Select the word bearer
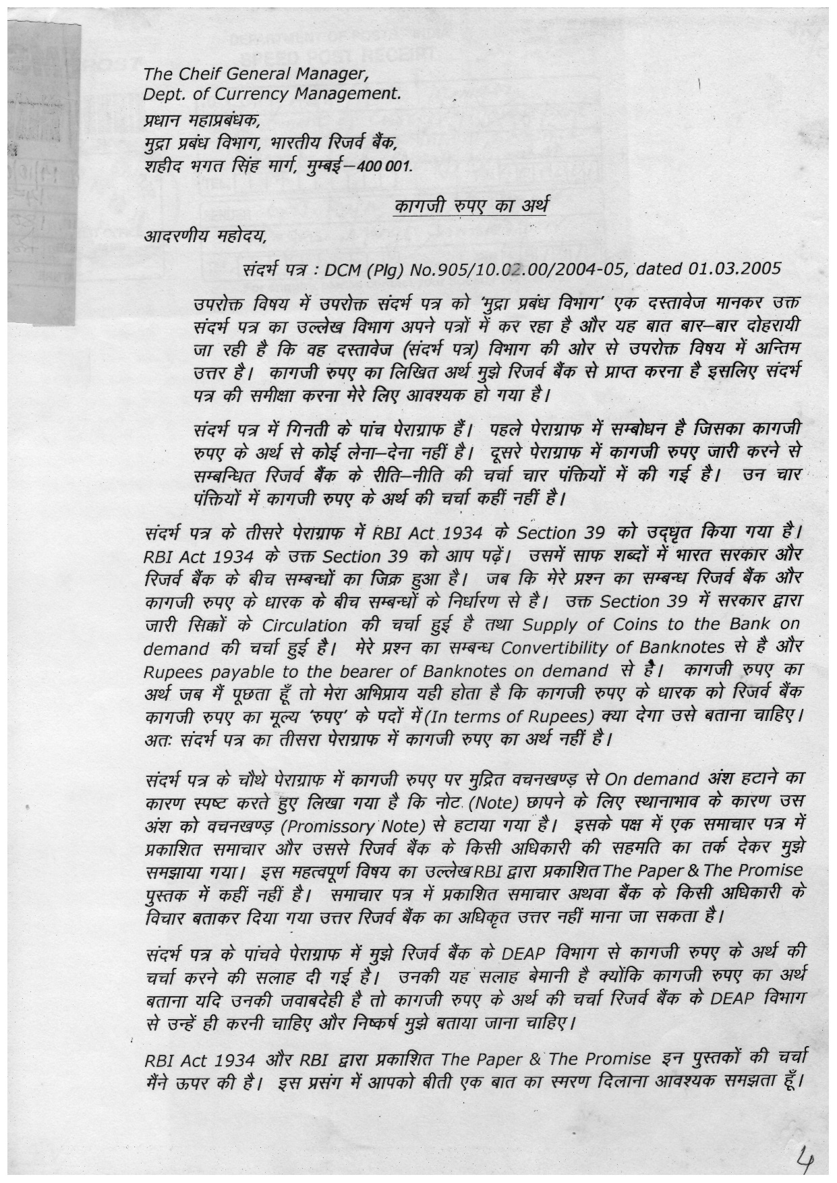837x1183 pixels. coord(387,672)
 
